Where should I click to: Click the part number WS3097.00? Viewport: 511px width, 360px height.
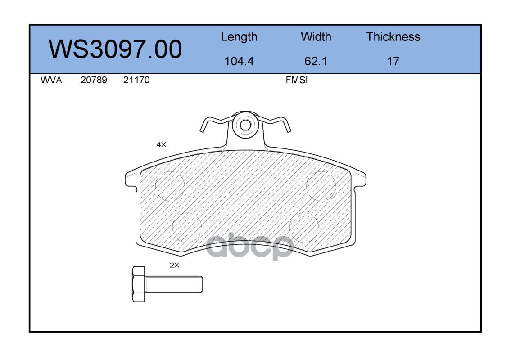pyautogui.click(x=115, y=49)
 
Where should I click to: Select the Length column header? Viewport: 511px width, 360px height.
pyautogui.click(x=239, y=37)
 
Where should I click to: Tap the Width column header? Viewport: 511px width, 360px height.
pyautogui.click(x=316, y=36)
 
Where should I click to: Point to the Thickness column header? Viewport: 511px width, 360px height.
pyautogui.click(x=393, y=36)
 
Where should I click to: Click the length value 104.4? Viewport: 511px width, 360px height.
pyautogui.click(x=239, y=61)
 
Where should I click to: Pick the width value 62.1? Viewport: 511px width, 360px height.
pyautogui.click(x=316, y=61)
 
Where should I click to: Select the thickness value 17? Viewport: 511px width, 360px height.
pyautogui.click(x=393, y=61)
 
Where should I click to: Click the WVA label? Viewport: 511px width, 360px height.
pyautogui.click(x=51, y=80)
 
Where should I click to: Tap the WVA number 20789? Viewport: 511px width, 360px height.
pyautogui.click(x=94, y=80)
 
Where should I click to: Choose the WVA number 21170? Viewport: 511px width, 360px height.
pyautogui.click(x=136, y=80)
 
